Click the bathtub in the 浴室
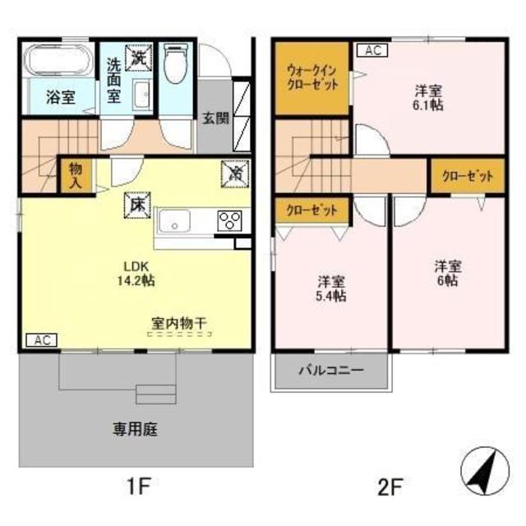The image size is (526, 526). click(x=58, y=62)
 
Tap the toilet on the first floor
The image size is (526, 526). click(x=175, y=64)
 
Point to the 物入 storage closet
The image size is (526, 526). click(x=74, y=176)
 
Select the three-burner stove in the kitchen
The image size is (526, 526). click(x=229, y=219)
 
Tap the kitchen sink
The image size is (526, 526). click(x=175, y=220)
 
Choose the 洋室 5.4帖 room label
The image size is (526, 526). click(x=331, y=287)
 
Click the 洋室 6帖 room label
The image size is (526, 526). click(x=447, y=272)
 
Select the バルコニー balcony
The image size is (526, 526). click(x=331, y=371)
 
